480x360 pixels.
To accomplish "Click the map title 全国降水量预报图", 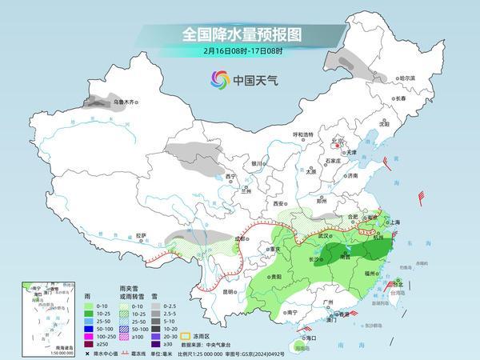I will tap(239, 34).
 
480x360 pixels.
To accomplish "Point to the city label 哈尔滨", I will tap(407, 78).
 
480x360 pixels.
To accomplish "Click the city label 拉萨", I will tap(141, 235).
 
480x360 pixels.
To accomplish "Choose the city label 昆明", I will tap(230, 291).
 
